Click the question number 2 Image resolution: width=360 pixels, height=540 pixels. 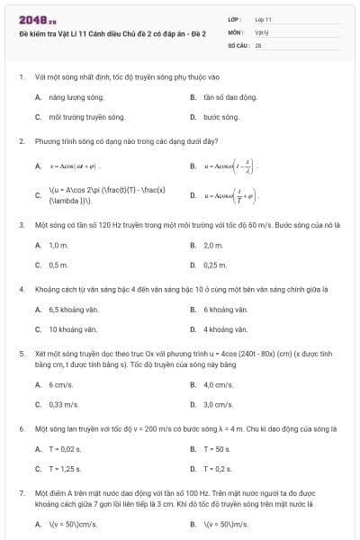[x=21, y=141]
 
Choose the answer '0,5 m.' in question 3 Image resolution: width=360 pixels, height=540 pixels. [x=58, y=265]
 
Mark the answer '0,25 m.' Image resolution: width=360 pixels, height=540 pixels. [x=215, y=265]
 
